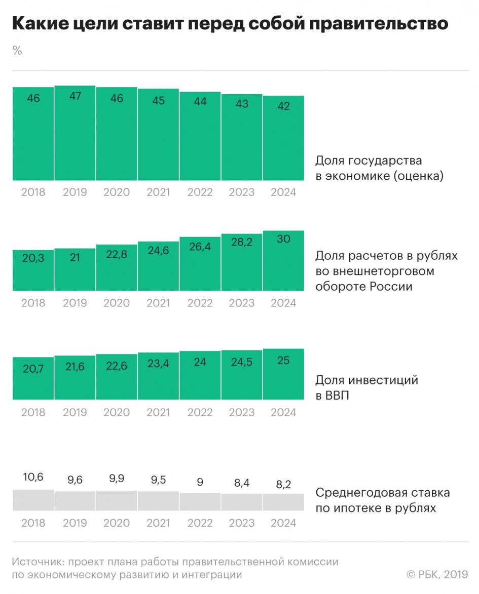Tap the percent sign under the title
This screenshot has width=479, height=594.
(x=17, y=51)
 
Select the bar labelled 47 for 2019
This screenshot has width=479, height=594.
(x=75, y=134)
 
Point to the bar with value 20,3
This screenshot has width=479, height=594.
(x=33, y=271)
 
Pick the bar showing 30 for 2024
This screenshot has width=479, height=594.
(x=283, y=261)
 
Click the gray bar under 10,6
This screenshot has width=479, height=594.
(x=33, y=500)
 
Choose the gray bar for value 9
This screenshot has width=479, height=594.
(x=200, y=502)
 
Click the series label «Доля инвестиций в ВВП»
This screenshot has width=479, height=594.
(x=366, y=387)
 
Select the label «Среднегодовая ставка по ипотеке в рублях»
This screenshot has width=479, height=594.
(x=382, y=500)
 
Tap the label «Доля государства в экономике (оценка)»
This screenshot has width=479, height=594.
(x=379, y=168)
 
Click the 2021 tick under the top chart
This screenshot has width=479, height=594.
(x=158, y=192)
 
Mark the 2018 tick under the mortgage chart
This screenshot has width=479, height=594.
(x=33, y=523)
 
